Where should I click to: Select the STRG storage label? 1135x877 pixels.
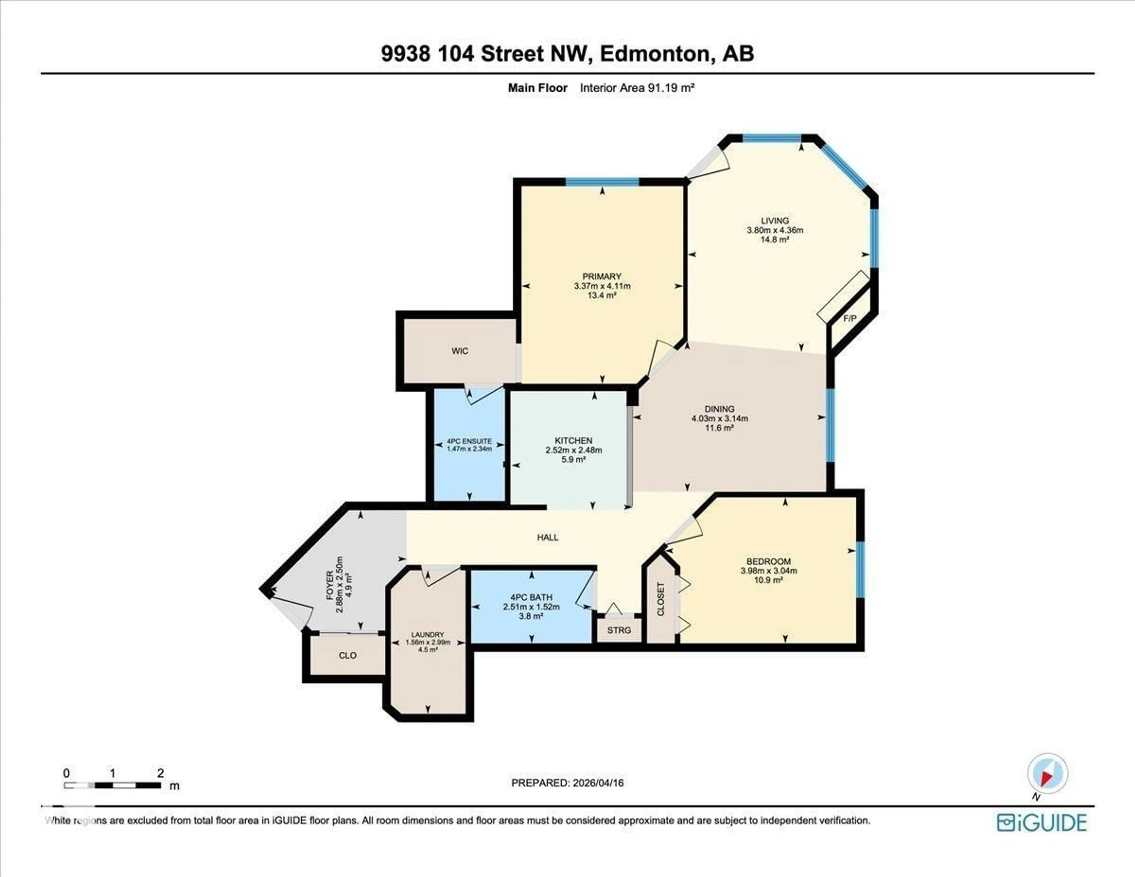tap(619, 630)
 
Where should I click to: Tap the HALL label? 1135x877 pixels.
tap(548, 537)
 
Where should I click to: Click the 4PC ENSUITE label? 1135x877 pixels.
tap(469, 441)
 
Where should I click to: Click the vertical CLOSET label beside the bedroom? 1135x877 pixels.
tap(661, 599)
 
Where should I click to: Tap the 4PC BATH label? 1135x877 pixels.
tap(531, 597)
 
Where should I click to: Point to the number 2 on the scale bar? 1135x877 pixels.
tap(160, 773)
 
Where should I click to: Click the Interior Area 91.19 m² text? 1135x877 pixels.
tap(637, 88)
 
